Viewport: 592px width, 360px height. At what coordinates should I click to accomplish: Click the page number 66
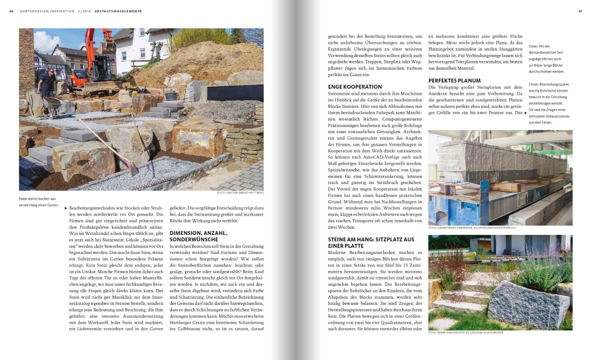point(11,11)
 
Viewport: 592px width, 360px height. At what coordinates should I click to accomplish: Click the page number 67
point(580,11)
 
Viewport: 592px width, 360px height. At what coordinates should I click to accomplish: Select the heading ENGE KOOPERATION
point(355,87)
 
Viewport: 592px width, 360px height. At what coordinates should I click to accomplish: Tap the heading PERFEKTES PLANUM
point(454,81)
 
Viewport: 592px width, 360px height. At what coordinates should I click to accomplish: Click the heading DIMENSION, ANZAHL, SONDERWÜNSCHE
point(198,236)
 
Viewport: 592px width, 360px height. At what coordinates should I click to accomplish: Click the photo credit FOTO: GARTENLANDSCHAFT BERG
point(240,193)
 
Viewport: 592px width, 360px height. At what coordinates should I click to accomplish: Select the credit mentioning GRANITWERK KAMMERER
point(472,228)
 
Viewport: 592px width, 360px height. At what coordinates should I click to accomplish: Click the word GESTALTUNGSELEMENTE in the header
point(118,11)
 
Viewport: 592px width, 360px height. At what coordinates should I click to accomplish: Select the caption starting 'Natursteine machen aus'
point(37,199)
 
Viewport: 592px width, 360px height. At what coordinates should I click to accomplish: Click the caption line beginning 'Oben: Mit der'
point(539,46)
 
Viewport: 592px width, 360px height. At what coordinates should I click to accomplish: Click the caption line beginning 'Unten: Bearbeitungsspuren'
point(549,84)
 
